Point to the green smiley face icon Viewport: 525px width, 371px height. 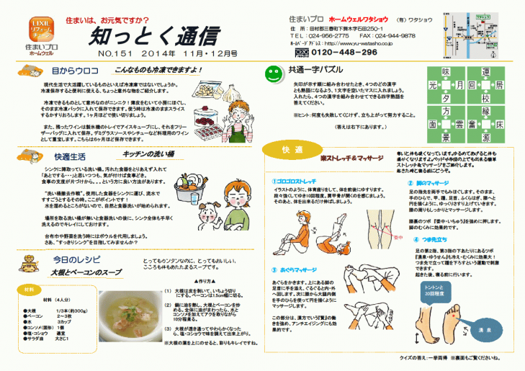coord(273,73)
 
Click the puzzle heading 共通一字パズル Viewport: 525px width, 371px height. coord(315,71)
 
